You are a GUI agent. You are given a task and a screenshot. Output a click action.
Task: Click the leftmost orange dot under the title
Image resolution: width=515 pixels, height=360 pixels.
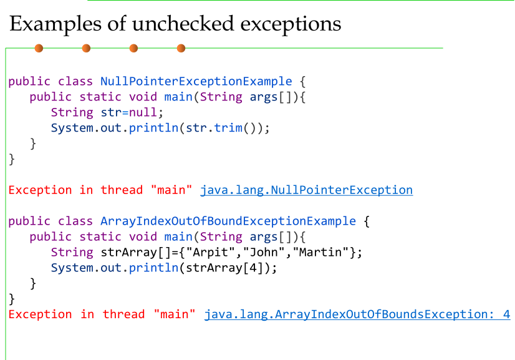39,48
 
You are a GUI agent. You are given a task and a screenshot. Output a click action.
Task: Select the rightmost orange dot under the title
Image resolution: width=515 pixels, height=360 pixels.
181,48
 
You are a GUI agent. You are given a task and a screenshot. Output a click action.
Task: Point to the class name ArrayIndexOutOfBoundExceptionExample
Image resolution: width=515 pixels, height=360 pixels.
228,221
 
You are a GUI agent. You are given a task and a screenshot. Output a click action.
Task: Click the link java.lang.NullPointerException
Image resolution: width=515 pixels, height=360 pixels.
306,190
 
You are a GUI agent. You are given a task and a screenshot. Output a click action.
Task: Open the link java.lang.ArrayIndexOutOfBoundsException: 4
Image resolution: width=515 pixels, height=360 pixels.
357,314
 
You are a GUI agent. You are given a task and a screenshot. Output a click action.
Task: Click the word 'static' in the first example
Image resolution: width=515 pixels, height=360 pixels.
100,97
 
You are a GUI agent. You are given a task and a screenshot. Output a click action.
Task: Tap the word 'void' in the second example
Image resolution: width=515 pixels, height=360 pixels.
143,237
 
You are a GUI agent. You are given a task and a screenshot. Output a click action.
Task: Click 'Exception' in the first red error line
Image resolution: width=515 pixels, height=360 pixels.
41,190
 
